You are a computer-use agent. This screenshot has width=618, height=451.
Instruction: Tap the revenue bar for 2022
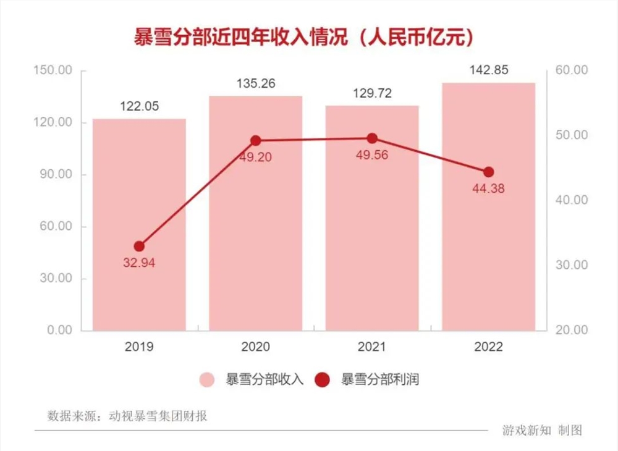point(488,247)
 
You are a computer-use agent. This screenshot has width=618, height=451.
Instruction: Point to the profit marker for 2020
point(256,140)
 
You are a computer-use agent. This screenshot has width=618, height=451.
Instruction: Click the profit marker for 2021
point(372,138)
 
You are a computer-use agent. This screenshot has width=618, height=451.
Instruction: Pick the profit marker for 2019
point(139,246)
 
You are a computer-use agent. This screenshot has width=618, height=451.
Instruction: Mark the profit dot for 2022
point(488,172)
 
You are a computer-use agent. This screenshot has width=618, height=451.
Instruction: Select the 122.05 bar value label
point(139,106)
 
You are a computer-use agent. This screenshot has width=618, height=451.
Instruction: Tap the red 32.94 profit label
point(139,263)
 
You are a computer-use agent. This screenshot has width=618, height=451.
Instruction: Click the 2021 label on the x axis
point(372,347)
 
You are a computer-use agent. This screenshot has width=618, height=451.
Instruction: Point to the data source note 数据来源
point(127,416)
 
